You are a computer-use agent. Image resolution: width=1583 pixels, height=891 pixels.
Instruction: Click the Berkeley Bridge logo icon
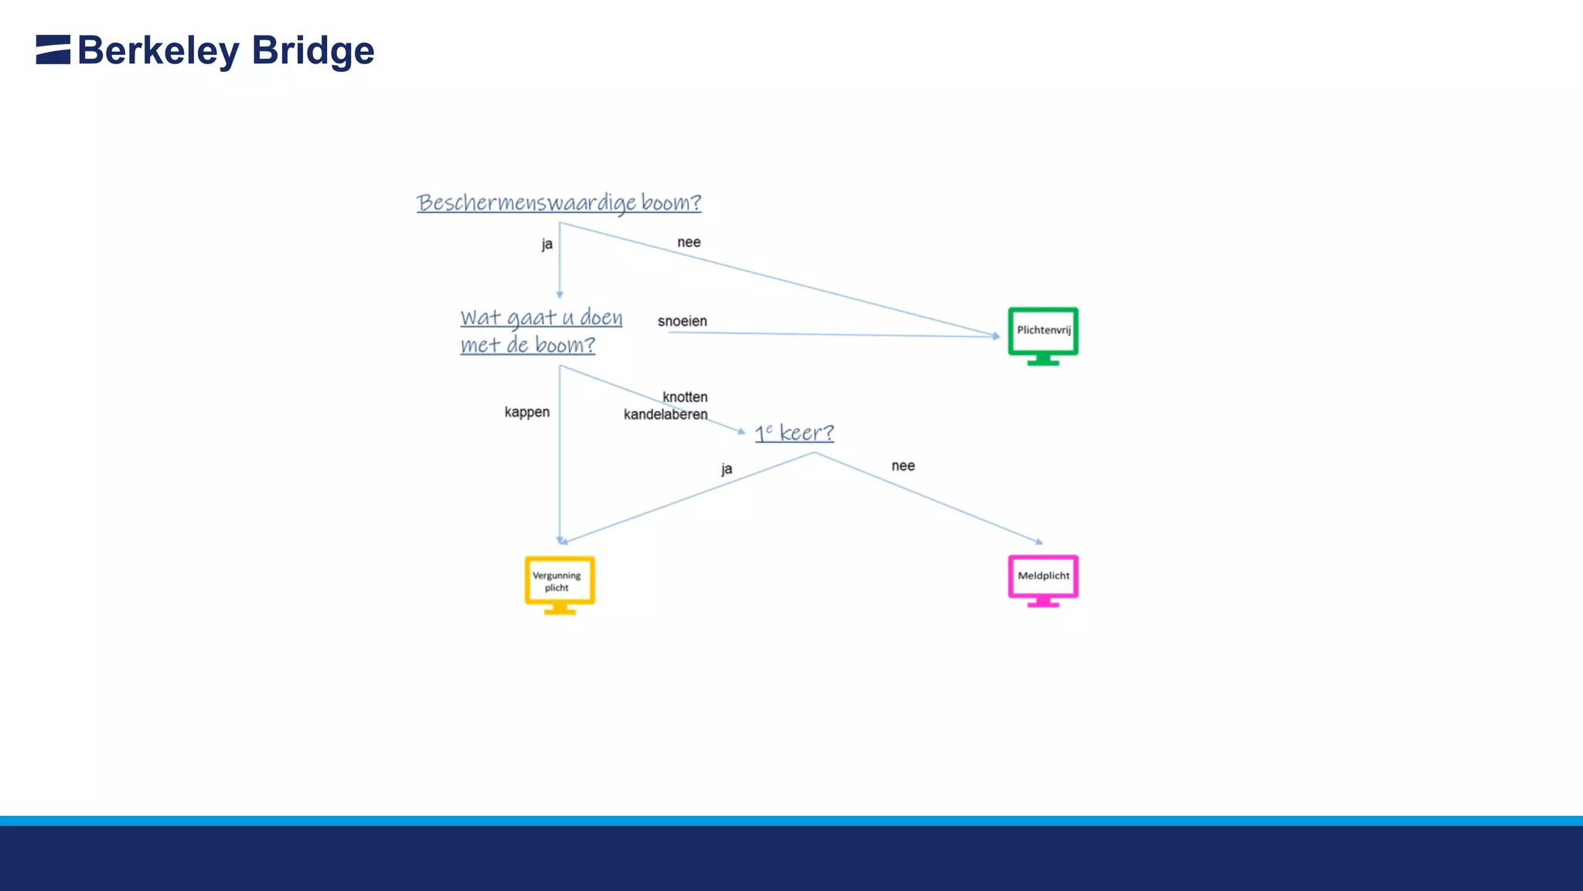(53, 49)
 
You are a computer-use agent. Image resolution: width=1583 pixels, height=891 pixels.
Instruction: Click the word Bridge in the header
(313, 51)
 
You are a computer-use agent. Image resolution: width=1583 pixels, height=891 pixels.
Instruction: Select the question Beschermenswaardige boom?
(559, 203)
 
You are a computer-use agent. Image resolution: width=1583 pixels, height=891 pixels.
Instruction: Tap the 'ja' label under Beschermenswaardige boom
(547, 244)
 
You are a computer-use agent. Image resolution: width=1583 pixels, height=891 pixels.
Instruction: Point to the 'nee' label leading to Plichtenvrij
(689, 242)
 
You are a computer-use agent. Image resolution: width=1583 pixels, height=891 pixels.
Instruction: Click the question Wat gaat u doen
(541, 318)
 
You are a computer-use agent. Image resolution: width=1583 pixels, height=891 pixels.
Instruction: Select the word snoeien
(682, 321)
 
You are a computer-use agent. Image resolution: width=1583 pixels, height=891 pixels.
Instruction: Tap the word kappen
(527, 412)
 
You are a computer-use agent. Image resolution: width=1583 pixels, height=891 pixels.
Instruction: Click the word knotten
(685, 397)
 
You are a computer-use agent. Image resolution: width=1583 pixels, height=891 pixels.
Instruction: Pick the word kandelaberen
(666, 415)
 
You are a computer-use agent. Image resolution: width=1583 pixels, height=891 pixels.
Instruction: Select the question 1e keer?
(794, 432)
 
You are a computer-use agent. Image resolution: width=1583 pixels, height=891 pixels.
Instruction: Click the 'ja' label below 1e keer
(727, 469)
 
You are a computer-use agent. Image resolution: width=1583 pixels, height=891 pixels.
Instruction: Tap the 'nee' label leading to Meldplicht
(903, 466)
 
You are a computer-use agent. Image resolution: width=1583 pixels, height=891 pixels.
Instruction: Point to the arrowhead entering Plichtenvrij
(996, 336)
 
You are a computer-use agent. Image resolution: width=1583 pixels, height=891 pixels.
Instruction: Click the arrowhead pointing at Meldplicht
(1039, 542)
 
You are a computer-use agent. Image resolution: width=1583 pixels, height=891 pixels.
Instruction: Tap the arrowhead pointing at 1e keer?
(742, 432)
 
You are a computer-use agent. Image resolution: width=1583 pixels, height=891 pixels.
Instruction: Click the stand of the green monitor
(1043, 360)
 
